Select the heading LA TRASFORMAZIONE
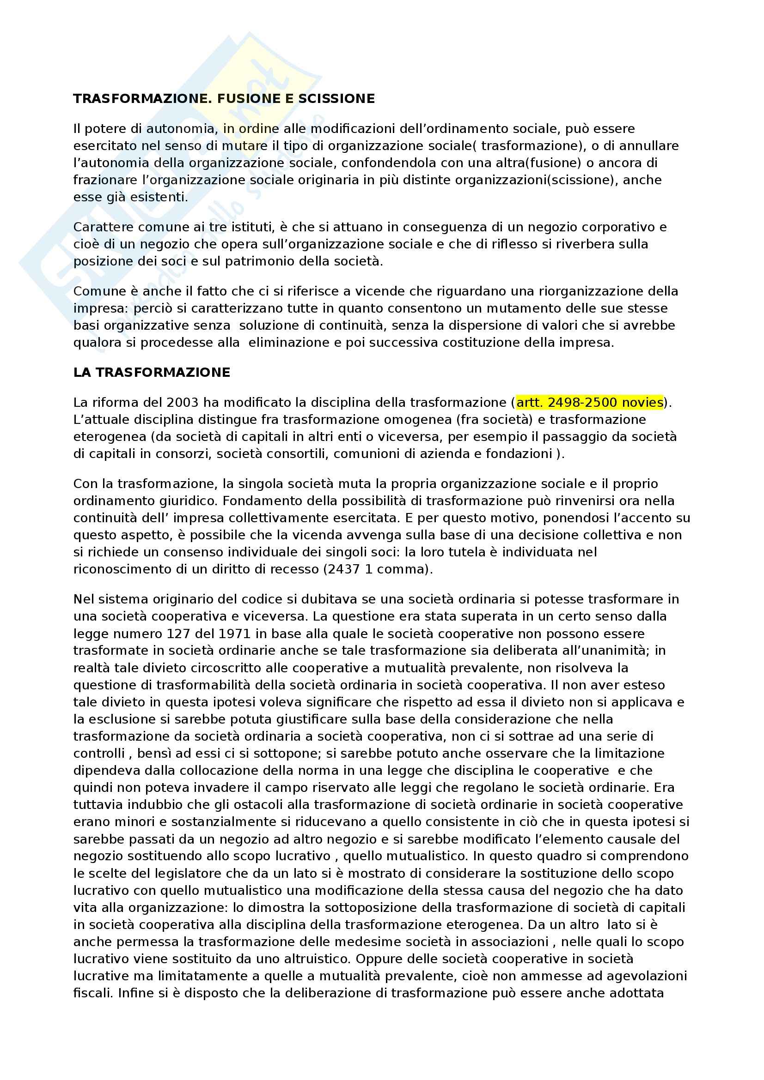pos(152,373)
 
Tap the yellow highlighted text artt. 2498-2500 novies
pos(590,402)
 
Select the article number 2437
pos(341,569)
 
